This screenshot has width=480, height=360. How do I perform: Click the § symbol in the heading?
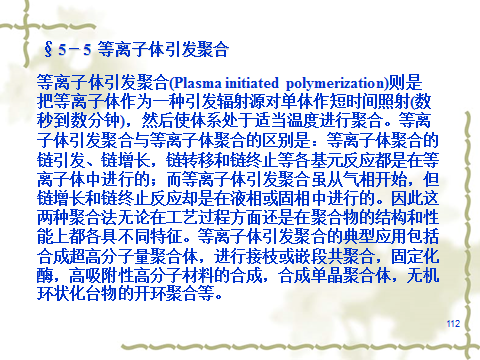click(48, 49)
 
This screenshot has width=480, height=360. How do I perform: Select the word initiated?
click(251, 83)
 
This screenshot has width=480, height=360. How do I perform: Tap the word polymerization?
click(335, 83)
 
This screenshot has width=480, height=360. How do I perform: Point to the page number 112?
click(453, 323)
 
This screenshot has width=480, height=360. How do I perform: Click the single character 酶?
click(45, 275)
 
